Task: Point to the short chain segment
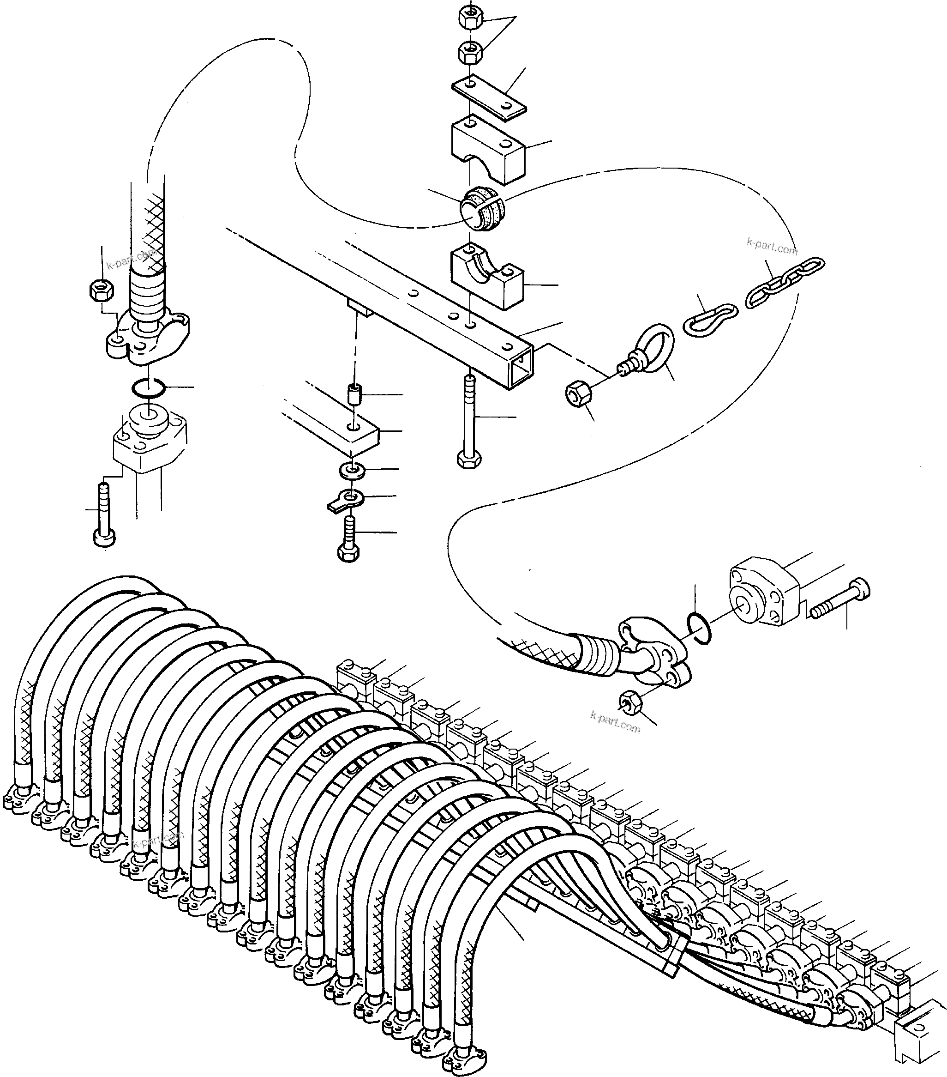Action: [x=785, y=283]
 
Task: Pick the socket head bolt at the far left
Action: [x=104, y=516]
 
